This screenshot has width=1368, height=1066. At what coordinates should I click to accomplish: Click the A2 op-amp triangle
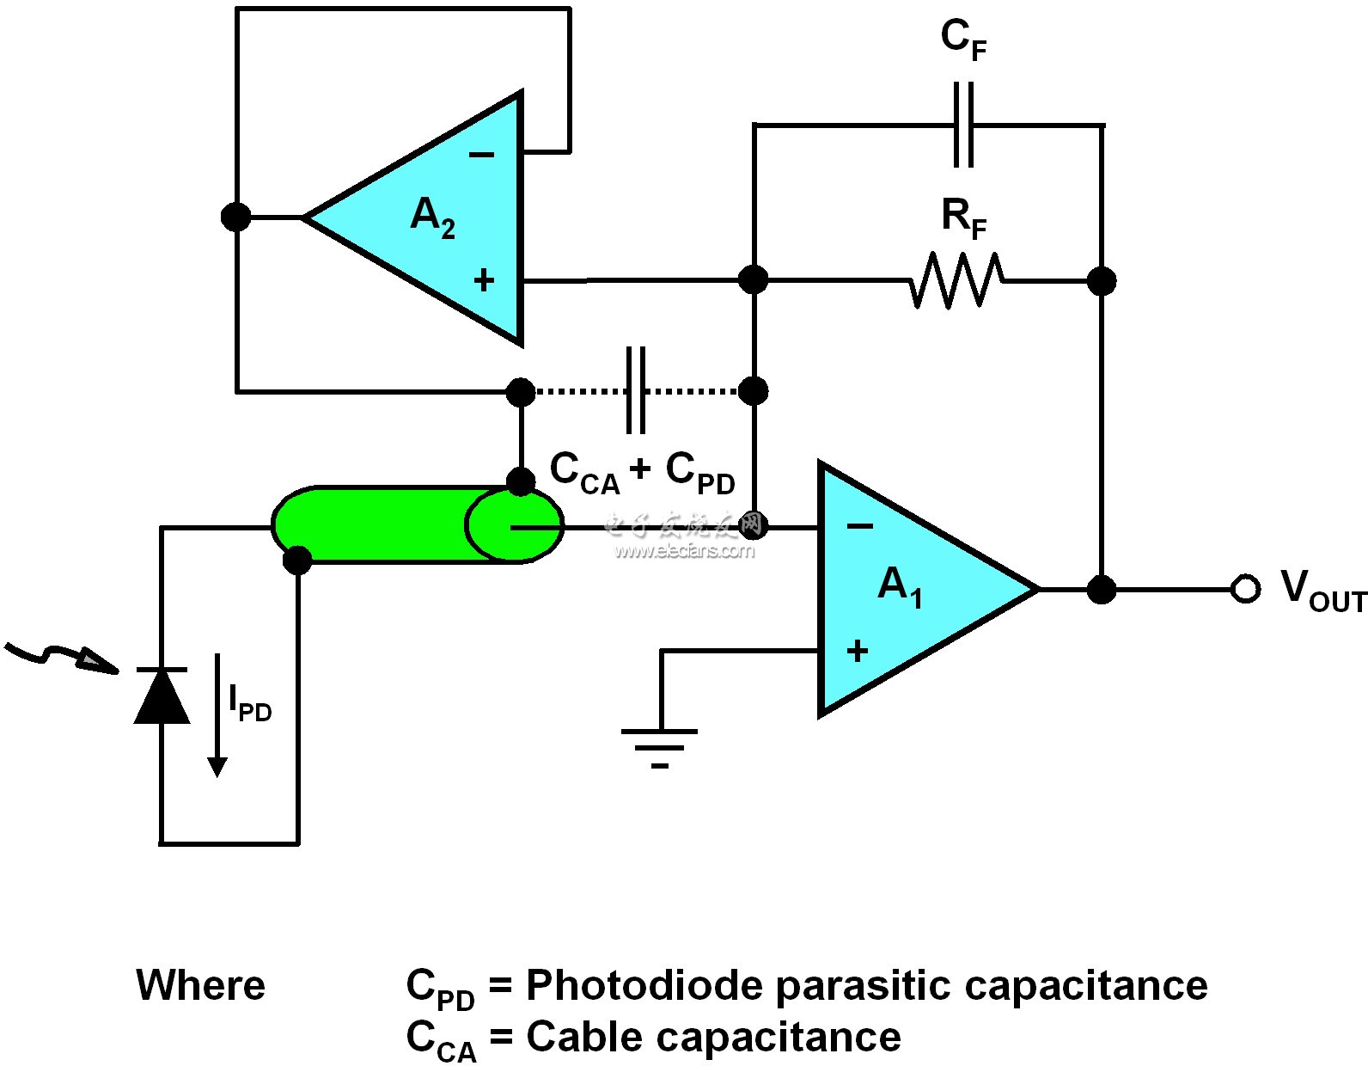430,218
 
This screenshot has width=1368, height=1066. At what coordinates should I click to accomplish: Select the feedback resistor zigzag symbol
956,280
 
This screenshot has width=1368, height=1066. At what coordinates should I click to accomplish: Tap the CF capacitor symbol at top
963,126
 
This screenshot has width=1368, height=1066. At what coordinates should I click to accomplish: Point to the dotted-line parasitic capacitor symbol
636,391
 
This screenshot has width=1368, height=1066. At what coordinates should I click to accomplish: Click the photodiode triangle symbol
162,695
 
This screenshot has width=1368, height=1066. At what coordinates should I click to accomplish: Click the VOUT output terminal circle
1244,589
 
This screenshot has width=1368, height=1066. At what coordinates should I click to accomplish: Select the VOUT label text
1322,591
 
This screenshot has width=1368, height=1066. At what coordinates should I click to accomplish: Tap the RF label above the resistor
963,217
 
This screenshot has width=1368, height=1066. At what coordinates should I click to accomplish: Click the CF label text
963,40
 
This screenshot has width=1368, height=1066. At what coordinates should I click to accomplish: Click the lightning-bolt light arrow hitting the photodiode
60,656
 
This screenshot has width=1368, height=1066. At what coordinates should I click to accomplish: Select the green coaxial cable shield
387,524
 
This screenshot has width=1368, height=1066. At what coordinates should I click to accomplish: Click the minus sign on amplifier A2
481,156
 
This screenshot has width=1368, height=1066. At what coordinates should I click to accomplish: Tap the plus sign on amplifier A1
857,652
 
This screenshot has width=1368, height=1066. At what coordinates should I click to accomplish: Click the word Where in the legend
200,985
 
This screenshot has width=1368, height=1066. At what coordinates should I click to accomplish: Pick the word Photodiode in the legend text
644,985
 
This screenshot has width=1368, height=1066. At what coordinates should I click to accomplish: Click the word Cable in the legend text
585,1037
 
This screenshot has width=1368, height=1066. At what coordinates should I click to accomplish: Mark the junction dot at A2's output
236,217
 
